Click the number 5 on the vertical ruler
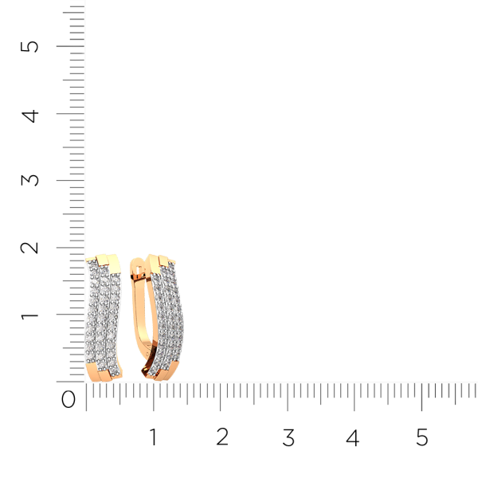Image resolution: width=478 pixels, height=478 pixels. [29, 47]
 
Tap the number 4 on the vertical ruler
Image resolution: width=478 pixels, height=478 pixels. [30, 116]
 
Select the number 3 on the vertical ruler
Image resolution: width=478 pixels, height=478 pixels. [29, 180]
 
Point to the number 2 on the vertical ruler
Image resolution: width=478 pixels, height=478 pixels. [29, 248]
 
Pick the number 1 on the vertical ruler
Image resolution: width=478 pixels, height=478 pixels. [29, 315]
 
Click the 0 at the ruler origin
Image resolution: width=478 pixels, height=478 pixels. [69, 399]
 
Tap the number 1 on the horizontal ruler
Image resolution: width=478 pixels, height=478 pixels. [153, 437]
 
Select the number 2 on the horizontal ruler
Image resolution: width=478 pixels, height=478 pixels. [222, 437]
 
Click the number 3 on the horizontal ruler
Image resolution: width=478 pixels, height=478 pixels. [288, 437]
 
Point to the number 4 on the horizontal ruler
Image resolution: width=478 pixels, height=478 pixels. [353, 437]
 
